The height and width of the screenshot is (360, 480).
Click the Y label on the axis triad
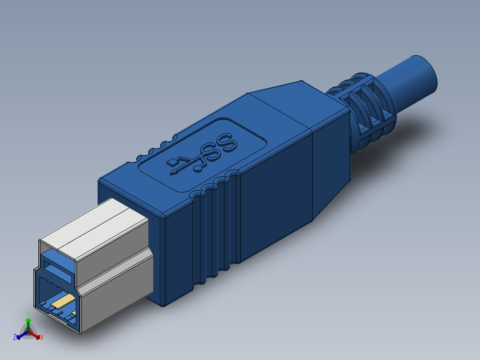coord(28,313)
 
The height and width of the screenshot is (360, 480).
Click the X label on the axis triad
coord(42,338)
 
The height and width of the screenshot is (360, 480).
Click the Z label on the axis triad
coord(15,337)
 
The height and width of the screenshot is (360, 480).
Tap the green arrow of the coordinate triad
coord(28,323)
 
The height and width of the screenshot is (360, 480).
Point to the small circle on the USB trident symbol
coord(198,168)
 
